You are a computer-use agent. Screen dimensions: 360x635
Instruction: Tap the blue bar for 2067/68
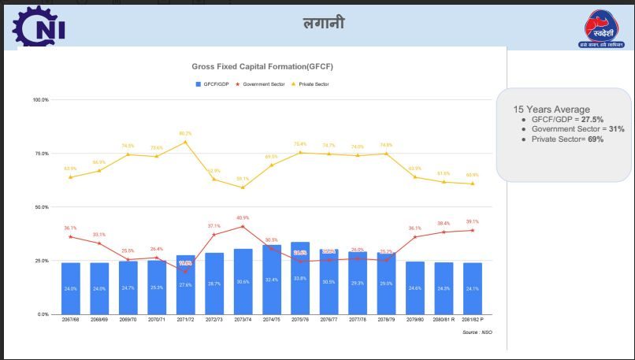pyautogui.click(x=71, y=288)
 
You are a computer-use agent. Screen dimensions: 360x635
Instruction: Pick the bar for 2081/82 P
pyautogui.click(x=472, y=288)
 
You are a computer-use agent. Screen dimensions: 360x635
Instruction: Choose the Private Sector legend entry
pyautogui.click(x=314, y=84)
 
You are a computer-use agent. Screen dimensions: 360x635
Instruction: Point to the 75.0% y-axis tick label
pyautogui.click(x=41, y=154)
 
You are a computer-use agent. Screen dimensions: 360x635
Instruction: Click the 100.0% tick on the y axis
pyautogui.click(x=40, y=100)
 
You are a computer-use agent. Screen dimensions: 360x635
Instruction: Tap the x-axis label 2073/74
pyautogui.click(x=243, y=320)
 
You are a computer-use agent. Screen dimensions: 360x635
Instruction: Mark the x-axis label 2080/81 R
pyautogui.click(x=444, y=320)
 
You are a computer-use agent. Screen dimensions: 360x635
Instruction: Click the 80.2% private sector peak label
pyautogui.click(x=185, y=134)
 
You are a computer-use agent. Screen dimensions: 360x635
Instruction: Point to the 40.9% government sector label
pyautogui.click(x=243, y=218)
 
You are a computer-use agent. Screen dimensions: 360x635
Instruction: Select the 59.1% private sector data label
pyautogui.click(x=243, y=179)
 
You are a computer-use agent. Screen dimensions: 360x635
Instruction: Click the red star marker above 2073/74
pyautogui.click(x=243, y=227)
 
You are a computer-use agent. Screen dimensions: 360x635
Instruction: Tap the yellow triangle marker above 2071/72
pyautogui.click(x=185, y=142)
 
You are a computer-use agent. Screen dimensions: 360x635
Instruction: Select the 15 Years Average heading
pyautogui.click(x=551, y=109)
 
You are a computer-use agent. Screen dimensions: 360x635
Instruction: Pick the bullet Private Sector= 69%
pyautogui.click(x=567, y=139)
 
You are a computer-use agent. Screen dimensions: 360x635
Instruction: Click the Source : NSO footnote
pyautogui.click(x=478, y=332)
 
